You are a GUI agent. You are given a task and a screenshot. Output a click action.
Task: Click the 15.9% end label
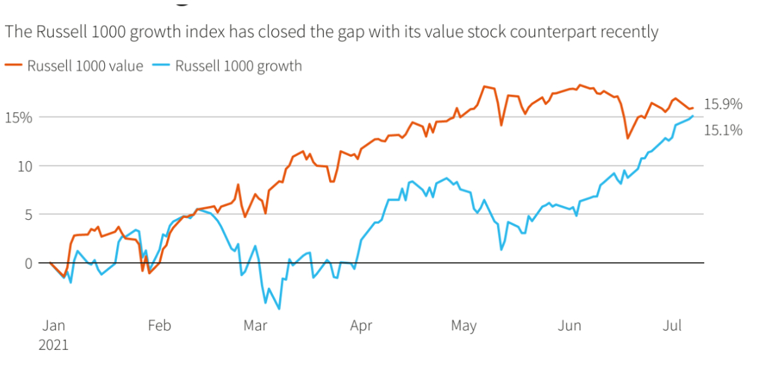pyautogui.click(x=723, y=104)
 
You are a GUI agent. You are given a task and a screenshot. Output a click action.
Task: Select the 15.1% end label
pyautogui.click(x=723, y=131)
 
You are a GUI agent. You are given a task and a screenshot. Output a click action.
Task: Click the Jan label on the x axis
pyautogui.click(x=53, y=325)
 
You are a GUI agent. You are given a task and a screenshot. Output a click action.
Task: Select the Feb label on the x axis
pyautogui.click(x=159, y=325)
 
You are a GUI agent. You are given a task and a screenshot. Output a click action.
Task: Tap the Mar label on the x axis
pyautogui.click(x=255, y=325)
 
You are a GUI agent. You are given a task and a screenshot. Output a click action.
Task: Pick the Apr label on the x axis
pyautogui.click(x=361, y=325)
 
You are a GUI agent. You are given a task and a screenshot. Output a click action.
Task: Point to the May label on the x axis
pyautogui.click(x=464, y=325)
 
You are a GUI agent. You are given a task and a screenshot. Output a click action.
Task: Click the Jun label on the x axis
pyautogui.click(x=569, y=325)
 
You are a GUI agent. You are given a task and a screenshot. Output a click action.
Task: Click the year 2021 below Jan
pyautogui.click(x=53, y=346)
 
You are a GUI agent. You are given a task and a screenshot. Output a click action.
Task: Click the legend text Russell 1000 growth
pyautogui.click(x=238, y=66)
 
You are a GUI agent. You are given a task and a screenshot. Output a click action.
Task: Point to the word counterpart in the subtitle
pyautogui.click(x=551, y=32)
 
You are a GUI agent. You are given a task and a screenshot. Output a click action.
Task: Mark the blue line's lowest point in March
pyautogui.click(x=279, y=309)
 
